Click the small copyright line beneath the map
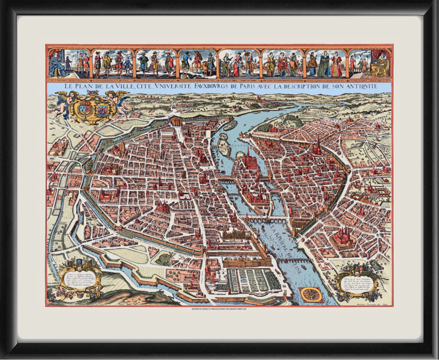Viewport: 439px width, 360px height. click(219, 309)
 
